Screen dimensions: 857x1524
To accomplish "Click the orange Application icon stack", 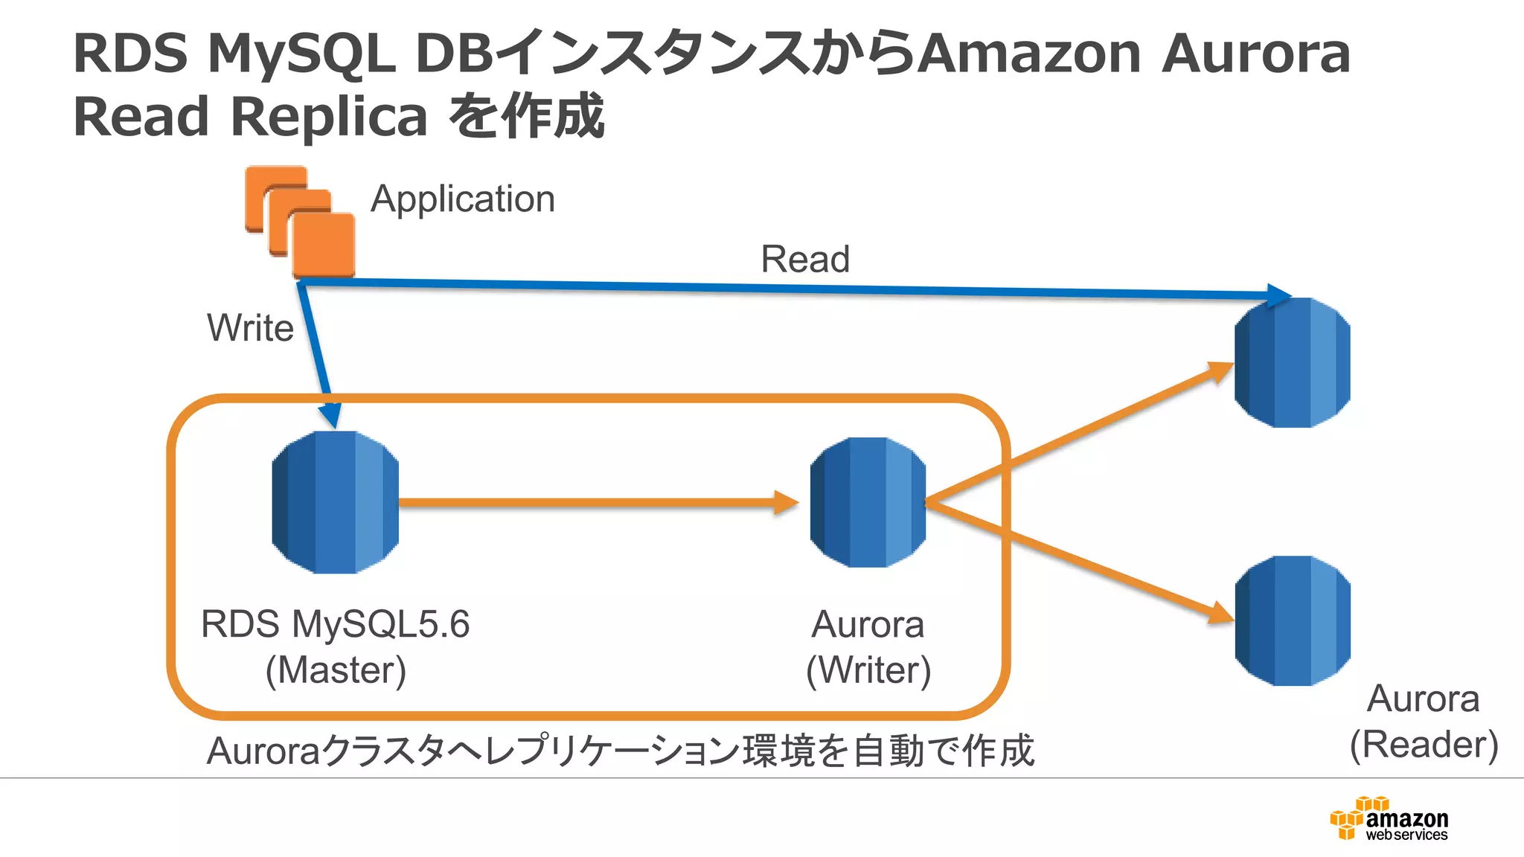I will point(300,221).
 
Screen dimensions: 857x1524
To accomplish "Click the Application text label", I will point(463,199).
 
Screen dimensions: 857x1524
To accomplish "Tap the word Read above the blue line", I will point(804,260).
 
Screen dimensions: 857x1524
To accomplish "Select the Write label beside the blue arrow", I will point(250,328).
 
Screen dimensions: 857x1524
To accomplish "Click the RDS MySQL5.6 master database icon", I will point(335,502).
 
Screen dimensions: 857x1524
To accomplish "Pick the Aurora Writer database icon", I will point(868,502).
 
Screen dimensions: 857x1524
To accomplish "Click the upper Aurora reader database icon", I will point(1292,362).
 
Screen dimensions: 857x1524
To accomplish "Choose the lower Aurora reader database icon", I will point(1292,620).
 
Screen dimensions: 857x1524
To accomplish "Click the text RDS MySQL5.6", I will point(335,624).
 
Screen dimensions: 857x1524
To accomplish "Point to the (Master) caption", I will point(336,670).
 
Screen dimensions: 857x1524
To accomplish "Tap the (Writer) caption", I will point(868,670).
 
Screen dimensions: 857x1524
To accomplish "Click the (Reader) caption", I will point(1424,745).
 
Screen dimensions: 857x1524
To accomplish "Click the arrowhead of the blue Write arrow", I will point(330,415).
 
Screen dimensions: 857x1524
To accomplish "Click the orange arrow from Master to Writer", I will point(595,503).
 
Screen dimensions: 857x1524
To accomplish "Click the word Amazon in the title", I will point(1028,54).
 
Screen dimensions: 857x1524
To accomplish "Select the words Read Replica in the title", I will point(250,118).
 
